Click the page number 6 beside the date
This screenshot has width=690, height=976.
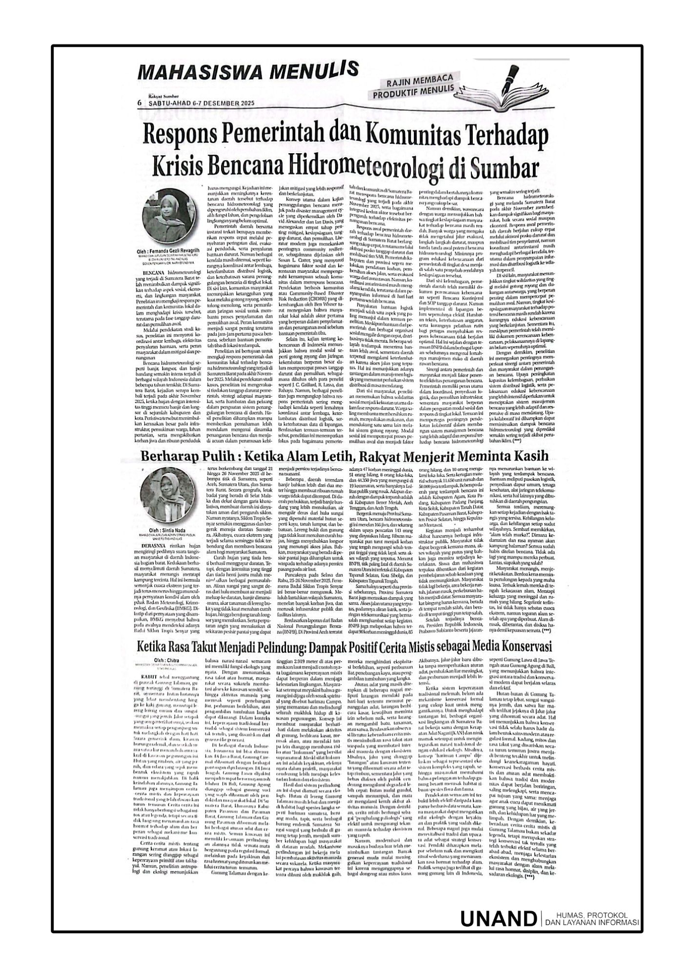click(x=139, y=103)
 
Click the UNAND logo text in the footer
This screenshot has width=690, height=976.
click(x=497, y=917)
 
